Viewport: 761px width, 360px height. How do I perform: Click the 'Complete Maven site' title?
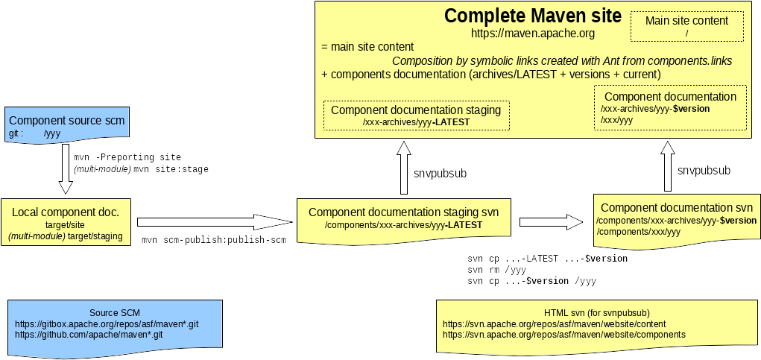532,16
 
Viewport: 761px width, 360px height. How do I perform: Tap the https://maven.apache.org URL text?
532,34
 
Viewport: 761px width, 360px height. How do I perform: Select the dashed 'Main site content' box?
686,27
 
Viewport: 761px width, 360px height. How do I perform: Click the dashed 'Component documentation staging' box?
416,116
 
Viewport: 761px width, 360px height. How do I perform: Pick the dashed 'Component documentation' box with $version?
670,108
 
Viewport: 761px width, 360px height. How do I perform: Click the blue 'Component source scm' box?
66,125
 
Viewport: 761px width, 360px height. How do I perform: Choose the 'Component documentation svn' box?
676,220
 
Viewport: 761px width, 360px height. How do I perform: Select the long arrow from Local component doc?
214,221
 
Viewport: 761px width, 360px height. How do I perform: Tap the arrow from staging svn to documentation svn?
550,221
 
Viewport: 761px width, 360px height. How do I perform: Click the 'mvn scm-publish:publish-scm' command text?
214,240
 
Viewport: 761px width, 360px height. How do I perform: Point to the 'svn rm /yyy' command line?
496,270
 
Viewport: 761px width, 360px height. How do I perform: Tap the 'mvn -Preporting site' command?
127,157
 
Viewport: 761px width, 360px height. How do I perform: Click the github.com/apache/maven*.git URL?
89,335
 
